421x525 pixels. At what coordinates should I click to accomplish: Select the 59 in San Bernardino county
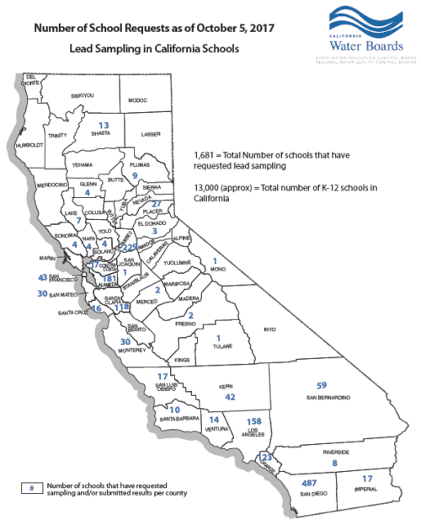pyautogui.click(x=321, y=385)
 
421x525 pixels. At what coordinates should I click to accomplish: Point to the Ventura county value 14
pyautogui.click(x=214, y=420)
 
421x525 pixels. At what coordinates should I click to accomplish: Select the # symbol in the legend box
pyautogui.click(x=30, y=489)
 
